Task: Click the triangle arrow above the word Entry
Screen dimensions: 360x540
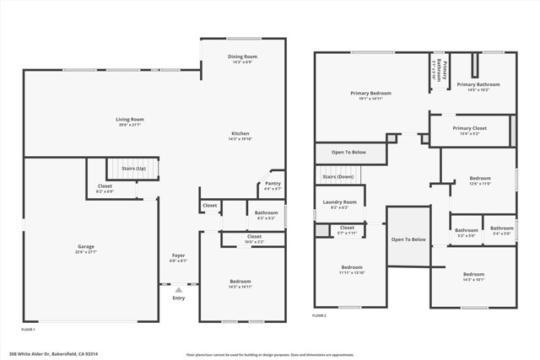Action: pos(178,289)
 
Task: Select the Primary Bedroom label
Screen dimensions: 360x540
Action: pos(371,94)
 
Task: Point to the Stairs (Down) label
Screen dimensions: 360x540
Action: pos(338,177)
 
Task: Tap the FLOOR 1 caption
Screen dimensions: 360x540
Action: pos(29,329)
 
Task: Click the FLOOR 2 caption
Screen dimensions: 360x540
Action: pos(319,315)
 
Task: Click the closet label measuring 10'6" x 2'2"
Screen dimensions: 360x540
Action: pos(254,239)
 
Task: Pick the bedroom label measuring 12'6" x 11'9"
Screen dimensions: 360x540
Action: pos(479,180)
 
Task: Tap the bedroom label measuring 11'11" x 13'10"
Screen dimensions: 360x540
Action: pos(352,269)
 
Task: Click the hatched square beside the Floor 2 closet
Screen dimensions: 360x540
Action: pos(321,229)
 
